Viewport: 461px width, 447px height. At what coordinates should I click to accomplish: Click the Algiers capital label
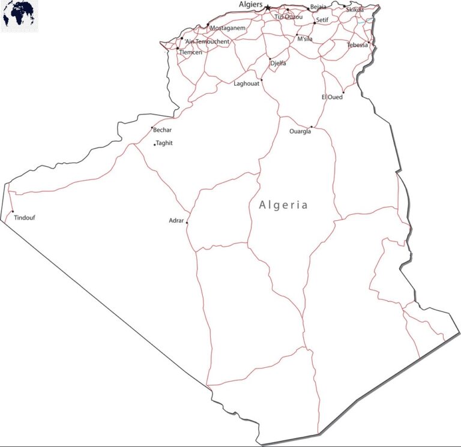pos(250,4)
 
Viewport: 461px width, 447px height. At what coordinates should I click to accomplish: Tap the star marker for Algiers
pos(268,8)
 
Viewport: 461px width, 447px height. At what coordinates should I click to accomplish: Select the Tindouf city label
pos(25,218)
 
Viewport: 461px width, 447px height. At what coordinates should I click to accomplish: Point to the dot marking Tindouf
pos(13,211)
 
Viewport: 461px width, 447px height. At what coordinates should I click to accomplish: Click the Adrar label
pos(176,221)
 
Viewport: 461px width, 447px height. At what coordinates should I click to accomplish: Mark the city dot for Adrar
pos(187,223)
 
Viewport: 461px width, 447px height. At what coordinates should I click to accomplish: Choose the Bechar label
pos(162,130)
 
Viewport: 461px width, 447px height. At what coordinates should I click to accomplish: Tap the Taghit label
pos(164,143)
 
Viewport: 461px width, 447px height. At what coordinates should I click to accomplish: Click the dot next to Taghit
pos(154,145)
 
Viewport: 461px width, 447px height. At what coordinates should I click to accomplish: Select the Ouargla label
pos(300,132)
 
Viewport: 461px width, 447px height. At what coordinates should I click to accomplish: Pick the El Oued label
pos(332,97)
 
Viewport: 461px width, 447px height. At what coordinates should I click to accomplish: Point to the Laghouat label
pos(246,84)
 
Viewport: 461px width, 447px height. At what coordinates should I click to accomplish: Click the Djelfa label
pos(278,64)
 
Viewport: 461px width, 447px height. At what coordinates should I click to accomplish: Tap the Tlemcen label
pos(190,52)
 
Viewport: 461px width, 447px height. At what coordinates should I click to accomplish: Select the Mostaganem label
pos(227,28)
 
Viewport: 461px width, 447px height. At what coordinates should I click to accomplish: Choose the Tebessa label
pos(357,45)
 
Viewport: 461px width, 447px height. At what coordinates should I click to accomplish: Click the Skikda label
pos(355,10)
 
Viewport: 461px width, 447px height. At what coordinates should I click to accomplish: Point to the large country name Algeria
pos(283,205)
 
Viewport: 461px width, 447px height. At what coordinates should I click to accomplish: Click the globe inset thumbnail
pos(19,16)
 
